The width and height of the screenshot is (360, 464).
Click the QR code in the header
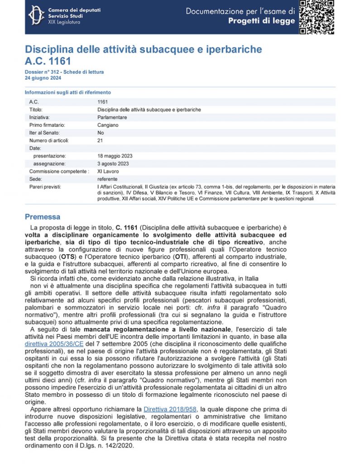pyautogui.click(x=317, y=17)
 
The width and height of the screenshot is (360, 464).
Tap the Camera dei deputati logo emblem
pyautogui.click(x=37, y=16)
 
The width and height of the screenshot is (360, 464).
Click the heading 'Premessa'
pyautogui.click(x=42, y=217)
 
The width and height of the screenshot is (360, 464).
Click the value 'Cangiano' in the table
pyautogui.click(x=108, y=125)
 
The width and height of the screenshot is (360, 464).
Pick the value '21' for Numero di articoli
pyautogui.click(x=100, y=140)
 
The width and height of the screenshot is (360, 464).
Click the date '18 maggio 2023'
pyautogui.click(x=115, y=156)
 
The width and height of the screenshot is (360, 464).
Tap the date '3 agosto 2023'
pyautogui.click(x=113, y=164)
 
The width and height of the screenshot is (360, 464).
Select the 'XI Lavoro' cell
pyautogui.click(x=108, y=171)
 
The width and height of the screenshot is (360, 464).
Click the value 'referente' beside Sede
pyautogui.click(x=107, y=179)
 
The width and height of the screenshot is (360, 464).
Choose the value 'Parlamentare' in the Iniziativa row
pyautogui.click(x=112, y=117)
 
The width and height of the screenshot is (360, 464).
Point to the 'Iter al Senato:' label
pyautogui.click(x=44, y=133)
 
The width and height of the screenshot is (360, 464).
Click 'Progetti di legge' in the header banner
pyautogui.click(x=261, y=21)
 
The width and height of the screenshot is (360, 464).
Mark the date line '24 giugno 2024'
pyautogui.click(x=43, y=78)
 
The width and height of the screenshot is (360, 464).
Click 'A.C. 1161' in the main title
pyautogui.click(x=48, y=61)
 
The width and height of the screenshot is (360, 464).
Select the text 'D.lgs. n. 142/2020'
pyautogui.click(x=113, y=445)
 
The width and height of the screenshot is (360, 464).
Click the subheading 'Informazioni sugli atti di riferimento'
pyautogui.click(x=68, y=92)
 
